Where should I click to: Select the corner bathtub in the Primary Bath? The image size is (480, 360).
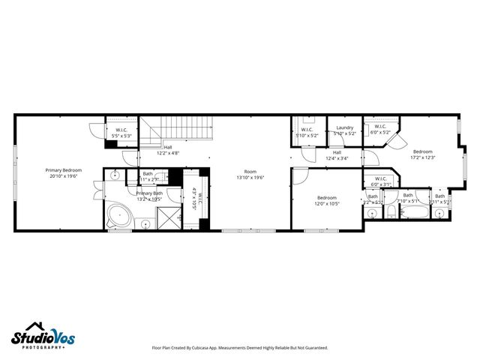[118, 216]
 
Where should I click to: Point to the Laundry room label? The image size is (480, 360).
[344, 130]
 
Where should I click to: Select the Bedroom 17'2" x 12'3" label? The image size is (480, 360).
[423, 154]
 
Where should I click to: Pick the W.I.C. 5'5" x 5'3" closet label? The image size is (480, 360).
[121, 133]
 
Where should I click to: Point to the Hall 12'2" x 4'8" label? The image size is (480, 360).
[168, 150]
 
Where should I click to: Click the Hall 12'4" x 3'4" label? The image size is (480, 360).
[337, 155]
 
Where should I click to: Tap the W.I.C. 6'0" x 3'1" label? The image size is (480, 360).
[381, 181]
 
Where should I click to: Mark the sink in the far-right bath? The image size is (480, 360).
[441, 214]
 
